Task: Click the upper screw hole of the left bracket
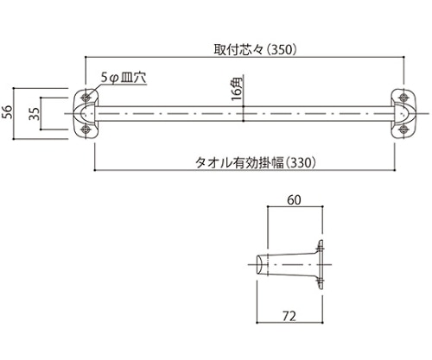[x=86, y=95]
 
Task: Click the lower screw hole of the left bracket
[x=86, y=129]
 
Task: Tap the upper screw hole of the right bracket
[x=403, y=95]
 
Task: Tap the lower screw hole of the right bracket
[x=403, y=129]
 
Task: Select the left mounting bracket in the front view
[x=89, y=112]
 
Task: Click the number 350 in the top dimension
[x=282, y=49]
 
